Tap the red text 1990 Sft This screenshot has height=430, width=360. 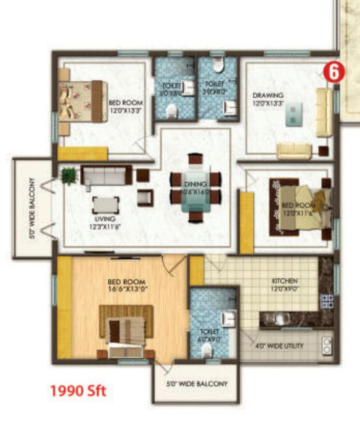pos(78,390)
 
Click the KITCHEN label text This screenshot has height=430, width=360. pos(284,281)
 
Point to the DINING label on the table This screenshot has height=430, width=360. pos(195,184)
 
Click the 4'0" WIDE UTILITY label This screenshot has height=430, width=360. pos(279,346)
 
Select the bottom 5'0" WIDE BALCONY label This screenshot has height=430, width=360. pos(197,384)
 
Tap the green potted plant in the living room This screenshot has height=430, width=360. pos(69,175)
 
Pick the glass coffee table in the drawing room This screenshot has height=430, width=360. pos(294,116)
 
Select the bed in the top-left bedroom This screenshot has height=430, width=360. pos(82,101)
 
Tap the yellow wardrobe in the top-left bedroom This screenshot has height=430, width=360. pos(83,154)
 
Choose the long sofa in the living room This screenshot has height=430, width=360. pos(106,174)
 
